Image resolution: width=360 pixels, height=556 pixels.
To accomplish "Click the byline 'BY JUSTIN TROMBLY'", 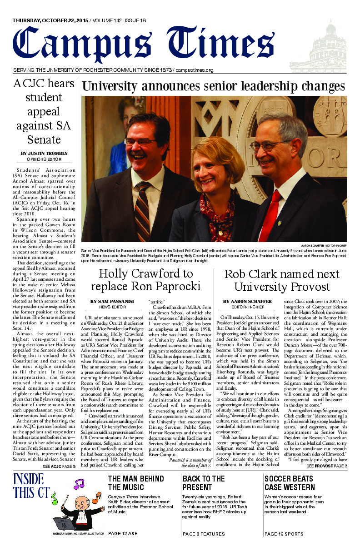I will (44, 154).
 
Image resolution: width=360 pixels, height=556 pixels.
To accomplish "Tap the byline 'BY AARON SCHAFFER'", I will (248, 302).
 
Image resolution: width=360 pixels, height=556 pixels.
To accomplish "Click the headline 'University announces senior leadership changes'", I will (214, 86).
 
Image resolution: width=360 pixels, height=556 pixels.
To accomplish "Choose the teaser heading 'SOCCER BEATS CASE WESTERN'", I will (289, 483).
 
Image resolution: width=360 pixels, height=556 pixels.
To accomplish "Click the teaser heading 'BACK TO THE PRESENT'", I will (204, 483).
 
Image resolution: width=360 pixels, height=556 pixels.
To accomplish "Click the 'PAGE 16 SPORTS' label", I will (284, 534).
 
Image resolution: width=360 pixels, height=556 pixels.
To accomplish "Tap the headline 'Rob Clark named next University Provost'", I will (282, 281).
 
